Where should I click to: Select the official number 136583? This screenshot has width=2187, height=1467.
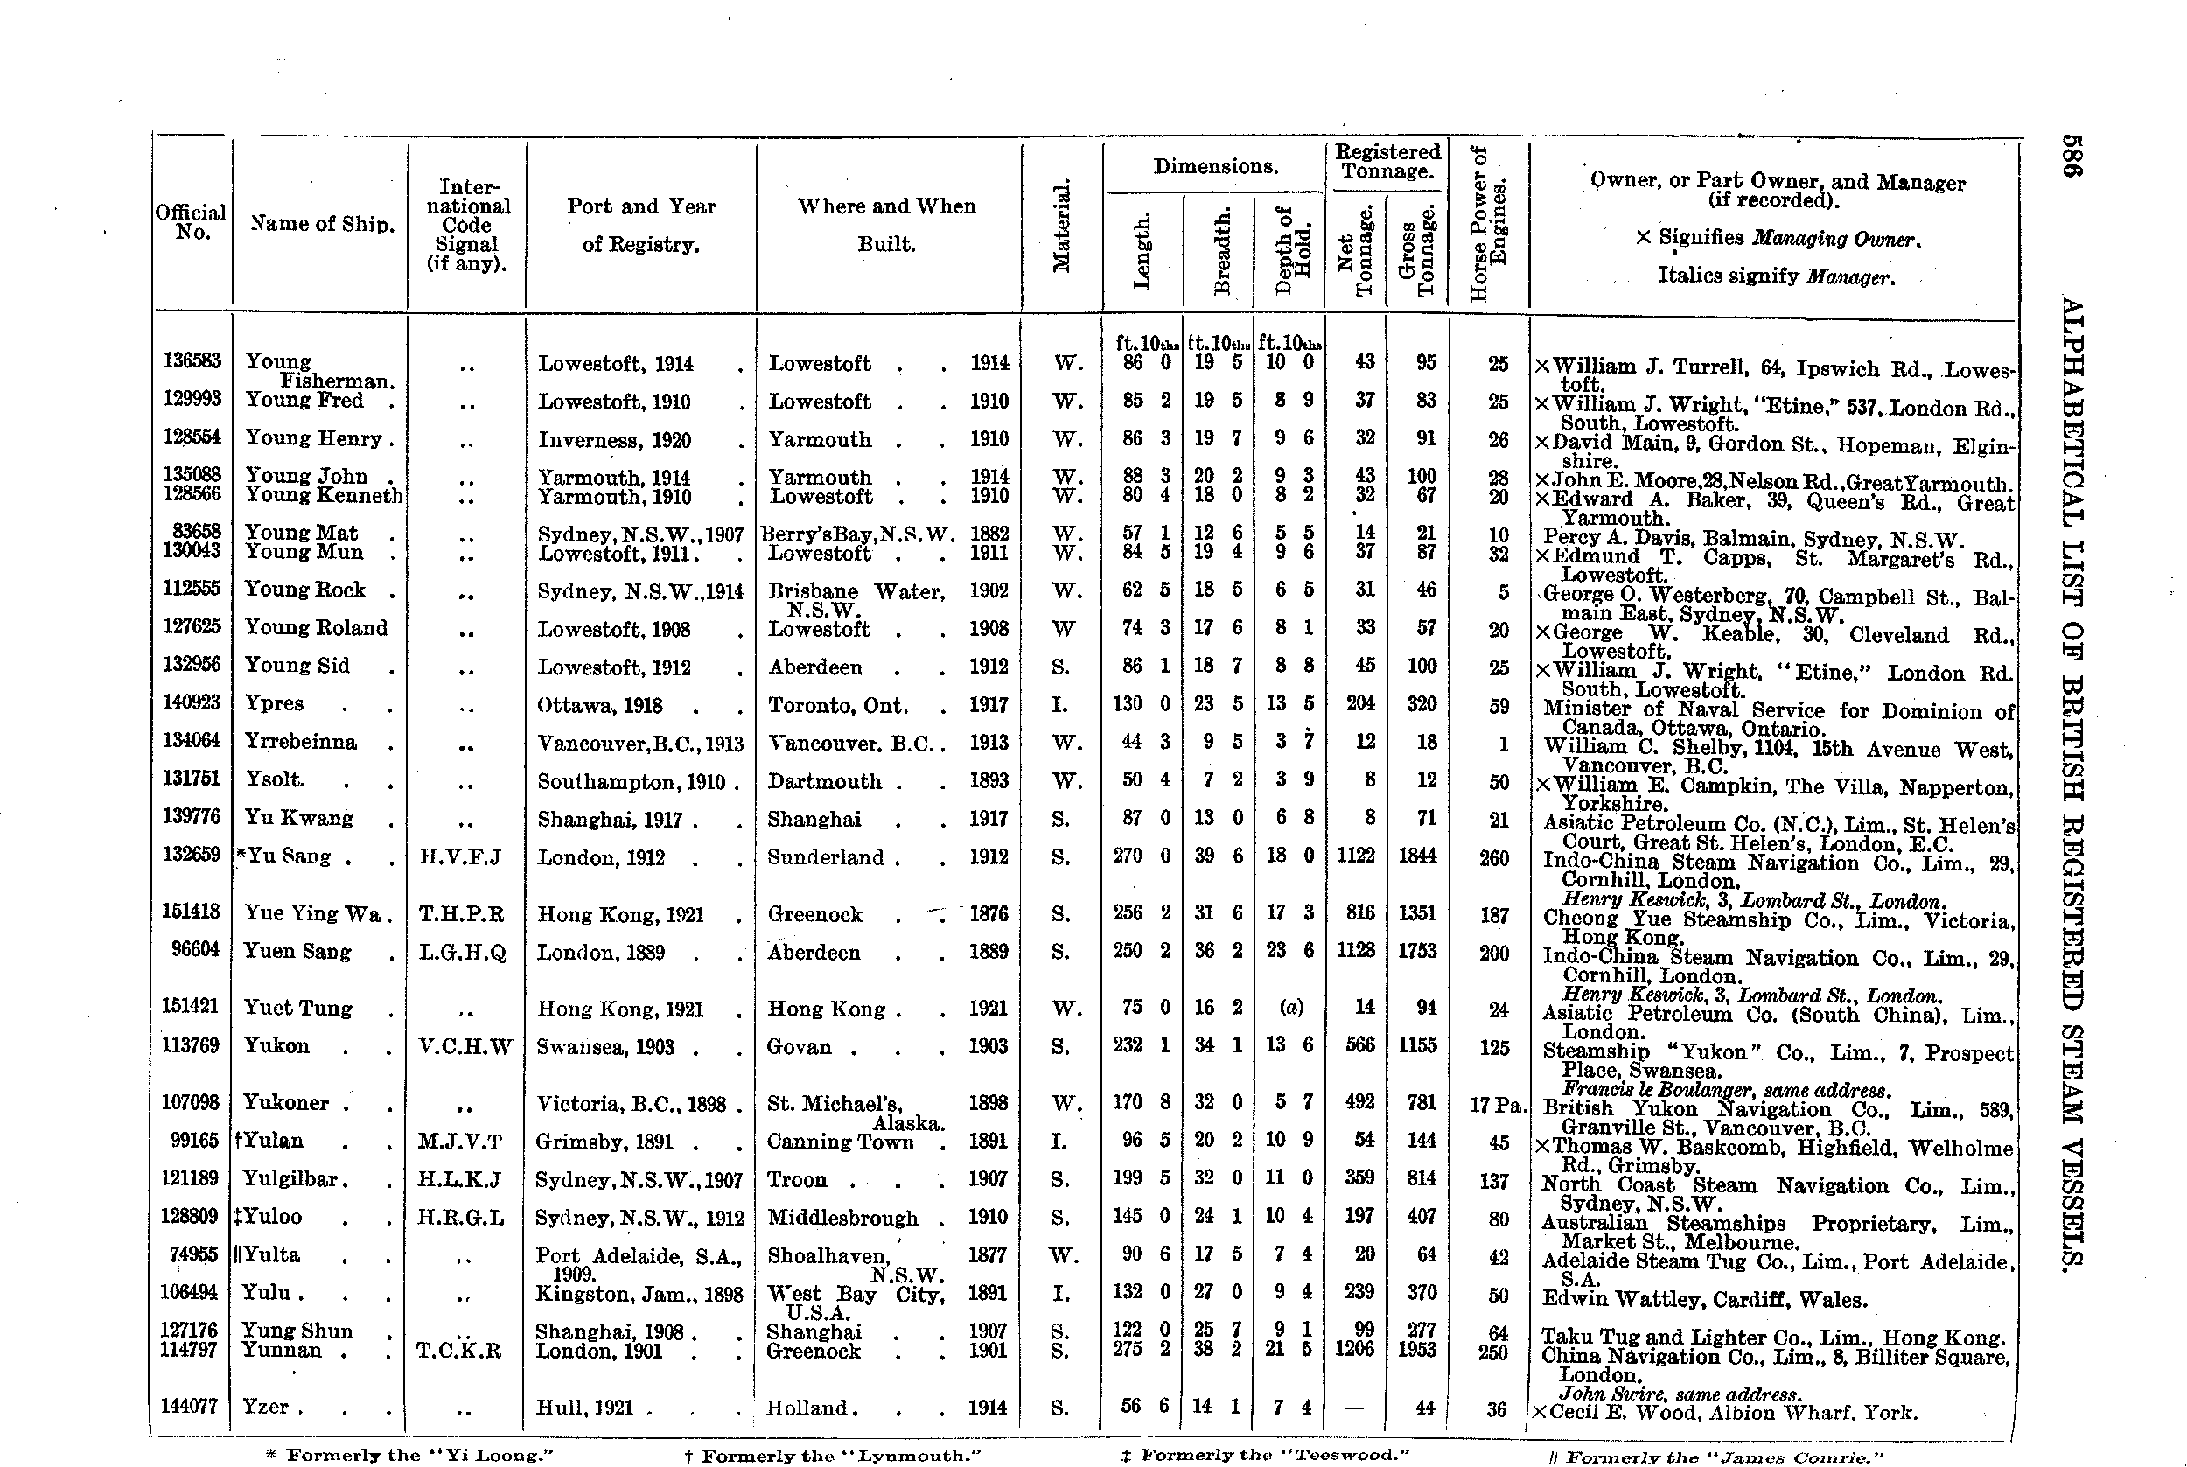pos(192,362)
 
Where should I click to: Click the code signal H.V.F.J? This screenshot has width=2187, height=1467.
pos(462,857)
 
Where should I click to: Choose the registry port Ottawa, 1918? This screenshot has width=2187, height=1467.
pos(600,705)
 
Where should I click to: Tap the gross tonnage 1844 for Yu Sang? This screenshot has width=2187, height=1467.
pos(1417,856)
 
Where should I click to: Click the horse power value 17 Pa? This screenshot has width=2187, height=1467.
pos(1497,1104)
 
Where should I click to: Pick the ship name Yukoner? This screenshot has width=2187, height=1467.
pos(285,1103)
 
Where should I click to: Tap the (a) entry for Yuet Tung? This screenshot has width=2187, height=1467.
pos(1291,1008)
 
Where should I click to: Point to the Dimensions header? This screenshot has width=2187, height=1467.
pos(1215,166)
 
